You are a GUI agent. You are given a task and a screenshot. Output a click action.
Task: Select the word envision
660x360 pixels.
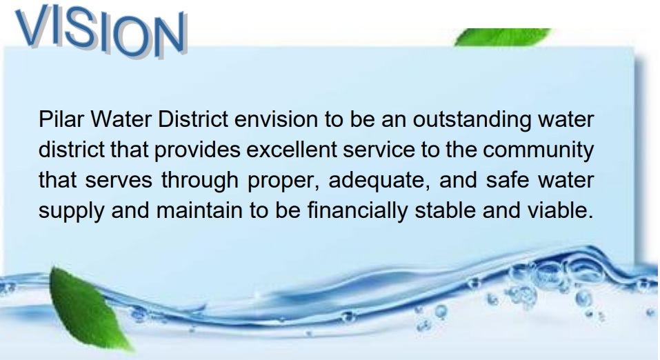(x=276, y=119)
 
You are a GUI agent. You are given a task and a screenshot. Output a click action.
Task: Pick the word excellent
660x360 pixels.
(x=292, y=150)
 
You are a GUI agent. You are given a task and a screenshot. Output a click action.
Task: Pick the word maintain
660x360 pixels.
(x=199, y=210)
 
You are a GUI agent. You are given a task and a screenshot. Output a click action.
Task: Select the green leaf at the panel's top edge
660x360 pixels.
(x=502, y=37)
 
